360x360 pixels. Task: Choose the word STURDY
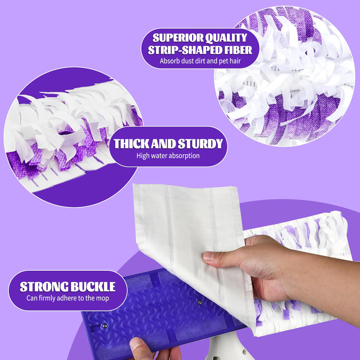pyautogui.click(x=200, y=144)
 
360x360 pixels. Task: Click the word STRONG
pyautogui.click(x=44, y=287)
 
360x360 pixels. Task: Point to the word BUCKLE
pyautogui.click(x=93, y=287)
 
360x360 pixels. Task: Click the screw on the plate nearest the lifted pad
pyautogui.click(x=200, y=302)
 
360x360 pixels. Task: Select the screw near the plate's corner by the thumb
pyautogui.click(x=105, y=326)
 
